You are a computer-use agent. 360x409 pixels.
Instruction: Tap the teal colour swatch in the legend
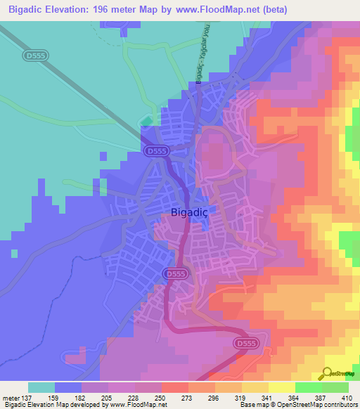click(x=41, y=387)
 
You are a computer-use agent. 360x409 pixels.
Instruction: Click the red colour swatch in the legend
click(x=175, y=387)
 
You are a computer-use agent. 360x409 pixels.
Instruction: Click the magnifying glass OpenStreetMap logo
click(x=326, y=372)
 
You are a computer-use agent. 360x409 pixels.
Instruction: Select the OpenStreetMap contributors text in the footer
click(x=321, y=405)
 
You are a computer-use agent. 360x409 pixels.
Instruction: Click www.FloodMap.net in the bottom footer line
click(x=137, y=405)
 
